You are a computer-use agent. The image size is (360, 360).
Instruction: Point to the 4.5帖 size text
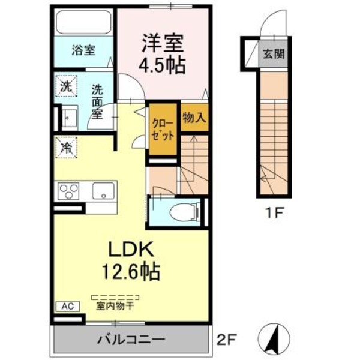(163, 63)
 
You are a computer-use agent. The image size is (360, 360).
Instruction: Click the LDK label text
(132, 248)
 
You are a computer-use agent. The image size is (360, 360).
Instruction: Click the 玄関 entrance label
(273, 54)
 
